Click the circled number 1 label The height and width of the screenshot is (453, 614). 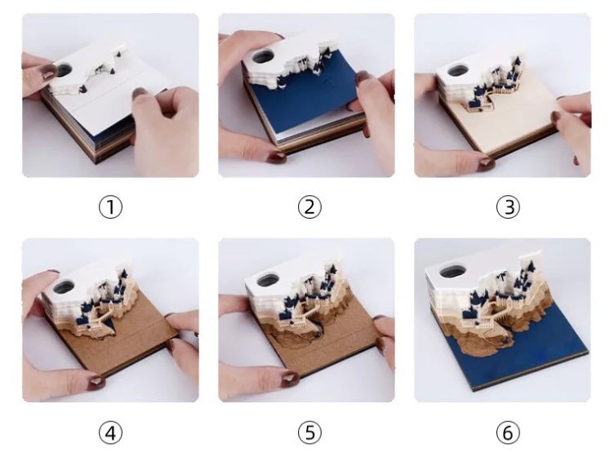(110, 207)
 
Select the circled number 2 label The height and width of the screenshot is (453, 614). (309, 207)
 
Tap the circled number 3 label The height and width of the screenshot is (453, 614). (509, 207)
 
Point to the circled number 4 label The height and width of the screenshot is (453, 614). (110, 433)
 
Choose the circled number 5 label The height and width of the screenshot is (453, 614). (309, 433)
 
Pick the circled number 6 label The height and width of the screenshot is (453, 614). (509, 433)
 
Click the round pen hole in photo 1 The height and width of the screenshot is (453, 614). (64, 70)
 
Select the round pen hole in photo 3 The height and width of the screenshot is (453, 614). (458, 71)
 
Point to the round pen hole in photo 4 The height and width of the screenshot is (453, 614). (63, 286)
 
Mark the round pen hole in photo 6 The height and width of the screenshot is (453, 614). (452, 271)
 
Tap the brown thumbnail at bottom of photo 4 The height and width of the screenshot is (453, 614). (96, 381)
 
